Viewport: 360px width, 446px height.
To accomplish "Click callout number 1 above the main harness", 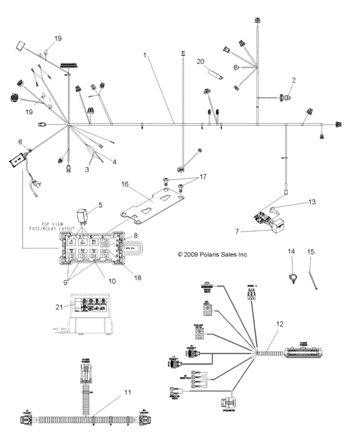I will click(x=147, y=57).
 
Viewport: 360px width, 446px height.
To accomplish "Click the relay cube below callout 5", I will click(x=84, y=212).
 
